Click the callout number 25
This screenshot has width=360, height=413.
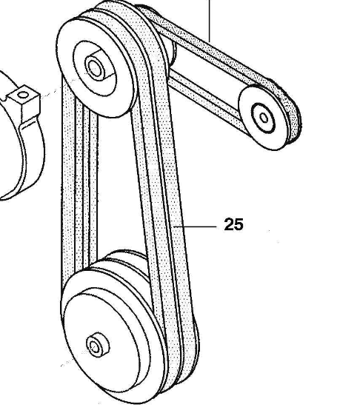click(x=233, y=224)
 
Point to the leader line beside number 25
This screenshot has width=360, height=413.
click(x=196, y=226)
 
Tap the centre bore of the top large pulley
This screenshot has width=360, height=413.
click(x=95, y=68)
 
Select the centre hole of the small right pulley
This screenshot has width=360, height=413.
click(x=264, y=118)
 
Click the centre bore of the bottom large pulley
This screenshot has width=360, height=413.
click(x=95, y=346)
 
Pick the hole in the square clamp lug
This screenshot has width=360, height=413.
click(x=23, y=95)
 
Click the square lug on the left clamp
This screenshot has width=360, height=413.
click(x=24, y=103)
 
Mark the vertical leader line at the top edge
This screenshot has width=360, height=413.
click(x=209, y=21)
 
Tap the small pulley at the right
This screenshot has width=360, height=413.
click(x=266, y=118)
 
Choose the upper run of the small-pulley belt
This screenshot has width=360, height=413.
click(x=211, y=47)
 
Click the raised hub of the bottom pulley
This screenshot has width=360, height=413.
click(x=98, y=345)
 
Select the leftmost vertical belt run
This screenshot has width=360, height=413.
click(x=68, y=184)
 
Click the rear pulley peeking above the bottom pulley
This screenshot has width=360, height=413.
click(x=126, y=260)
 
